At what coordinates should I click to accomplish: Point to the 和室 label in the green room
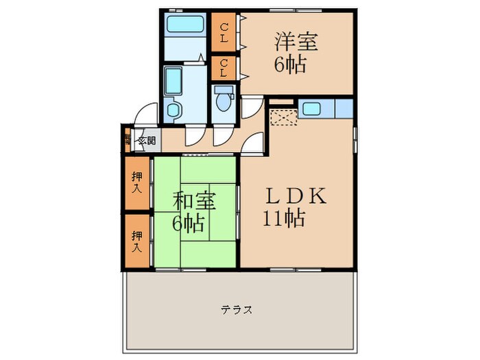195,202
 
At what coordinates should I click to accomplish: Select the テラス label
237,310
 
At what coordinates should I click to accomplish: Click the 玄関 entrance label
146,142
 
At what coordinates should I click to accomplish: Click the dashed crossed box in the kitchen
281,117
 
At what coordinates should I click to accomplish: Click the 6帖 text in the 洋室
291,66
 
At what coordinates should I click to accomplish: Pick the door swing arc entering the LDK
254,145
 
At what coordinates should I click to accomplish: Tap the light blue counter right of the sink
343,108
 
